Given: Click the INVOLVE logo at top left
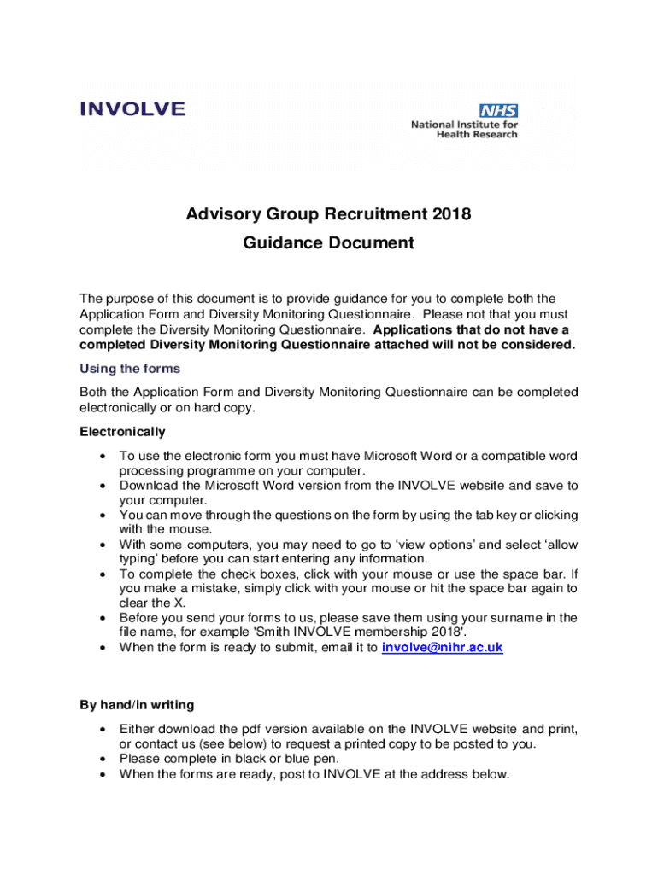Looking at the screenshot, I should coord(132,109).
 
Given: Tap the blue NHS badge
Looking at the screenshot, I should coord(498,110).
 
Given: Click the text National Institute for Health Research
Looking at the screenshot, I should coord(464,129).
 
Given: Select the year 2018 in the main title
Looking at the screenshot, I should coord(451,214).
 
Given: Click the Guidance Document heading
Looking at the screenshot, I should coord(328,243).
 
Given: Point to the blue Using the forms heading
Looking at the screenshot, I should coord(130,370).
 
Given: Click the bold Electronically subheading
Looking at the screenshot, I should coord(122,432).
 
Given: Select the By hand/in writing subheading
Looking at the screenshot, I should coord(137,705).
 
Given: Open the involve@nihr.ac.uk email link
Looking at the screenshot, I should coord(442,648).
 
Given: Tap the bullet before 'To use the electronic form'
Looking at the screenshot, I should coord(103,457).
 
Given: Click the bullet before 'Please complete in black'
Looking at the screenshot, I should coord(103,759).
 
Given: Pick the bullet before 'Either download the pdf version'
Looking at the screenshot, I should coord(103,730).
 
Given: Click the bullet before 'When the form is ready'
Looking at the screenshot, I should coord(103,648).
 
